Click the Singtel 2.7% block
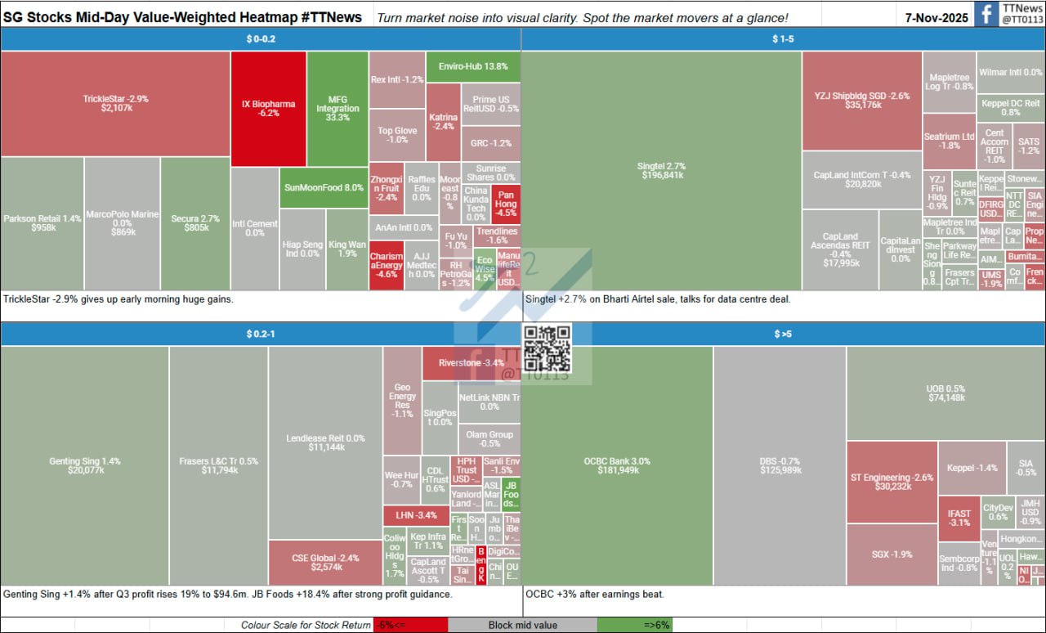pyautogui.click(x=661, y=171)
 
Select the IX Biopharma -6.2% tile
pyautogui.click(x=268, y=109)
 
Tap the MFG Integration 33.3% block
pyautogui.click(x=337, y=109)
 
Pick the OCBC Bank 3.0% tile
pyautogui.click(x=617, y=465)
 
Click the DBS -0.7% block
pyautogui.click(x=779, y=465)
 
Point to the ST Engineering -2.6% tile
pyautogui.click(x=891, y=483)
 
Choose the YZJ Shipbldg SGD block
pyautogui.click(x=862, y=101)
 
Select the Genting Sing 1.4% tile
pyautogui.click(x=85, y=465)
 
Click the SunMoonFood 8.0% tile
pyautogui.click(x=324, y=187)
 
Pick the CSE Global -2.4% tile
pyautogui.click(x=325, y=562)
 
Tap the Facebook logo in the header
pyautogui.click(x=987, y=14)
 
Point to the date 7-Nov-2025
pyautogui.click(x=936, y=16)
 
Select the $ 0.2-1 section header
pyautogui.click(x=261, y=334)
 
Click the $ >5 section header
pyautogui.click(x=783, y=334)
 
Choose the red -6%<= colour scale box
pyautogui.click(x=410, y=626)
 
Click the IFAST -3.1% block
pyautogui.click(x=959, y=518)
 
